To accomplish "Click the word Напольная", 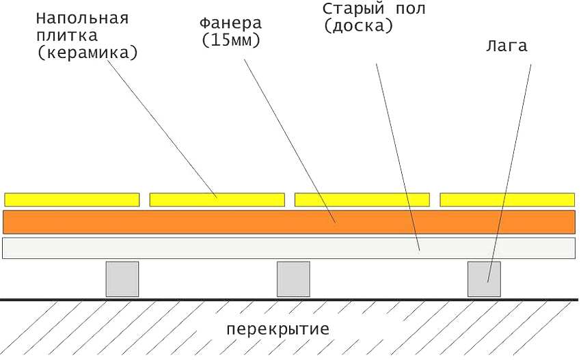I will [82, 17].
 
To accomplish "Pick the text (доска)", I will [359, 27].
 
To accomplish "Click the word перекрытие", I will [278, 329].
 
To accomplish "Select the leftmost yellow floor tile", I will [72, 199].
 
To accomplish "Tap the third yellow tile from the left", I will [362, 199].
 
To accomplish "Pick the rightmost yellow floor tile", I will [506, 199].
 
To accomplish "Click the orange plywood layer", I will [205, 222].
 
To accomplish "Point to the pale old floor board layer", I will [205, 248].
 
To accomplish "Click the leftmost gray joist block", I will [122, 279].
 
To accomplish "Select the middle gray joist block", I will [293, 279].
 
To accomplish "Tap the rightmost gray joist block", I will [484, 279].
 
